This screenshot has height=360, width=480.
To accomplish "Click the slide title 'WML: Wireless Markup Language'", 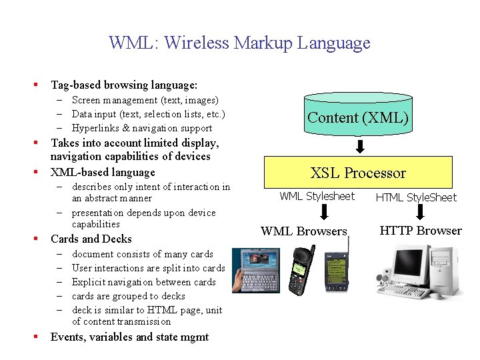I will pyautogui.click(x=239, y=43).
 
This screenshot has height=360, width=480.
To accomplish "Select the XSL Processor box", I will pyautogui.click(x=358, y=173).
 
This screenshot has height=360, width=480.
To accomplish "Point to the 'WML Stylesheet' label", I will pyautogui.click(x=317, y=196).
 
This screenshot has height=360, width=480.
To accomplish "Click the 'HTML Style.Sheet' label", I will pyautogui.click(x=416, y=197).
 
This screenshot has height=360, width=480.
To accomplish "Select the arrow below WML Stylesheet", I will pyautogui.click(x=324, y=212).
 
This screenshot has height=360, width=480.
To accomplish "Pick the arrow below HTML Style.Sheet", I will pyautogui.click(x=420, y=212).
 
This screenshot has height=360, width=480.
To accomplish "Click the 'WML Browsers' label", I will pyautogui.click(x=304, y=231).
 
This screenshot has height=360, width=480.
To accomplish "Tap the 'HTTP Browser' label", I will pyautogui.click(x=421, y=231).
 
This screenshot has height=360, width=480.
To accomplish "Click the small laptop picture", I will pyautogui.click(x=256, y=269).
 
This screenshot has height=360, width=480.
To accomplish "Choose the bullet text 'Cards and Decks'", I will pyautogui.click(x=91, y=239).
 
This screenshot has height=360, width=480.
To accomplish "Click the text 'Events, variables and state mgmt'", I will pyautogui.click(x=129, y=337).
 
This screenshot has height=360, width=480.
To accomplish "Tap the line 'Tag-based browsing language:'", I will pyautogui.click(x=124, y=85).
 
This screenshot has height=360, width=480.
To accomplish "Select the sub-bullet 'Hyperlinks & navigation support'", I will pyautogui.click(x=142, y=128).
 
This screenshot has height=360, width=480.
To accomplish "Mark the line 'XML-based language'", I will pyautogui.click(x=103, y=172).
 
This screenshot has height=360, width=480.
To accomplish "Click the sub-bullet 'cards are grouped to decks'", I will pyautogui.click(x=129, y=296).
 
